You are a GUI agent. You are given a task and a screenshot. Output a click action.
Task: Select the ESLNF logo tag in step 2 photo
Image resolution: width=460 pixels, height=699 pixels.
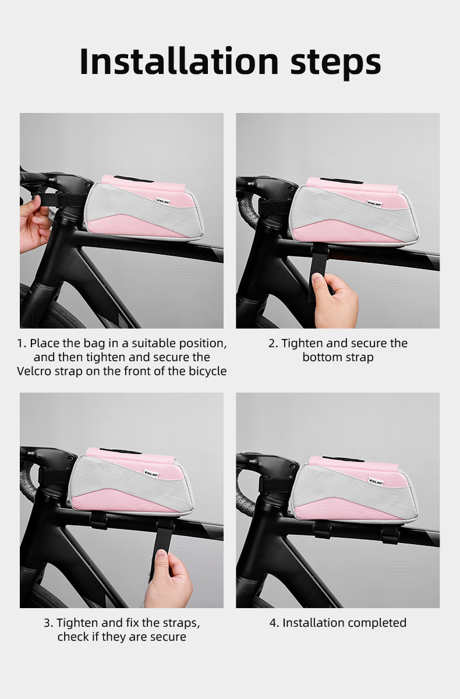point(374,203)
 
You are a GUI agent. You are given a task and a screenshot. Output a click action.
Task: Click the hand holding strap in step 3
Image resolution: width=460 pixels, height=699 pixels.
point(168,579)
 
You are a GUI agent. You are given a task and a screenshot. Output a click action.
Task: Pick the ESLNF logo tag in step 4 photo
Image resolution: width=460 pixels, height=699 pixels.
point(376,482)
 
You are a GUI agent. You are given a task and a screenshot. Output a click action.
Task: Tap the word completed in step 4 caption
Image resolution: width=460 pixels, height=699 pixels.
point(377,623)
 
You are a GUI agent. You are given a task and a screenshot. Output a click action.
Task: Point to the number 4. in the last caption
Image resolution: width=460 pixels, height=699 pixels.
point(274,623)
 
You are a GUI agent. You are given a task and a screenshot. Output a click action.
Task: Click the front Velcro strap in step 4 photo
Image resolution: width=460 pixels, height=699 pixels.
point(274,485)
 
